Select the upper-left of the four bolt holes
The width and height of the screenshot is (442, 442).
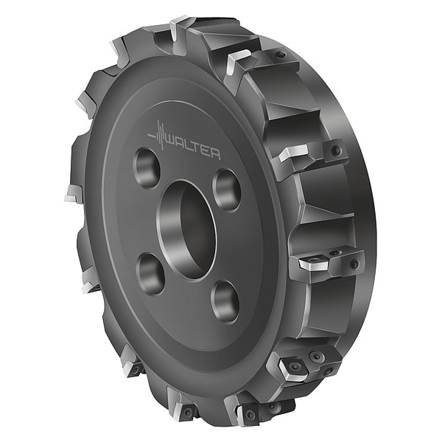click(x=147, y=168)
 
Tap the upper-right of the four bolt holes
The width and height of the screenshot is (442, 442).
click(x=227, y=189)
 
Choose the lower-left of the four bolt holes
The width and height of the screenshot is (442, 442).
click(x=150, y=273)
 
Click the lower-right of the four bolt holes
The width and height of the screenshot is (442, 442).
click(x=225, y=301)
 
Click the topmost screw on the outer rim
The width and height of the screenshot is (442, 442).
click(x=281, y=55)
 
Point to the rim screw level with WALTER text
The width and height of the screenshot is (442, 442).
click(x=336, y=151)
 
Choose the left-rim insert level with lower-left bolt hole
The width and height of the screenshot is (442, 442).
click(x=89, y=280)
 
